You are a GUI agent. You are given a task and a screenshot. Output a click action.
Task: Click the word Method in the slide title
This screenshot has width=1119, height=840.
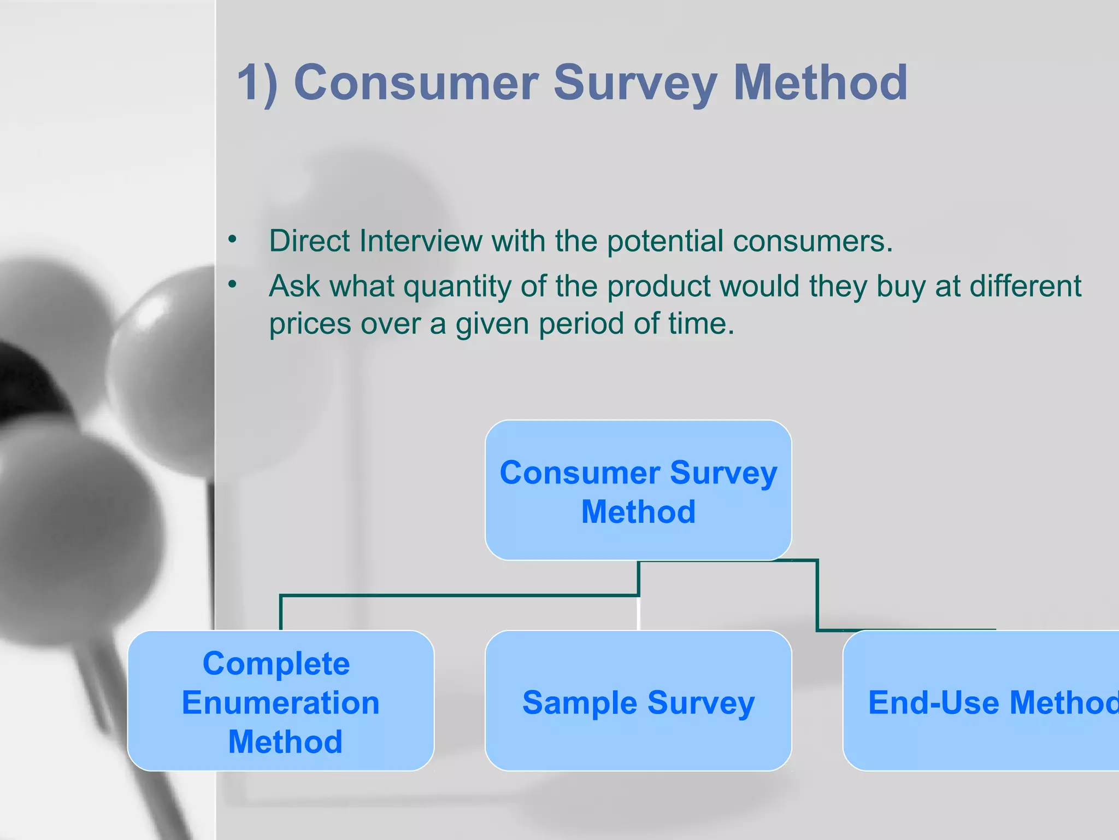click(x=820, y=83)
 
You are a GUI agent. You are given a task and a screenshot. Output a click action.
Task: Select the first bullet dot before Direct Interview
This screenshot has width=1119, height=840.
click(x=233, y=240)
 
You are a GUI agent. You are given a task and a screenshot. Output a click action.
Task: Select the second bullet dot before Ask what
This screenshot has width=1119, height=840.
click(x=233, y=284)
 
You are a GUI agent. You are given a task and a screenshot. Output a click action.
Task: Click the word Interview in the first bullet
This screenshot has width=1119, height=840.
click(x=421, y=241)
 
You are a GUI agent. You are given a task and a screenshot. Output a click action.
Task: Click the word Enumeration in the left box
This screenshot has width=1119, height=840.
click(x=281, y=703)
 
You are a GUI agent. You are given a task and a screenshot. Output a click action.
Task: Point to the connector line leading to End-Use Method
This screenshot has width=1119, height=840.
click(x=817, y=596)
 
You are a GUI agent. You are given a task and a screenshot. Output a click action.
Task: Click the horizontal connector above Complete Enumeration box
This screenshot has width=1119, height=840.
click(x=459, y=596)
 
